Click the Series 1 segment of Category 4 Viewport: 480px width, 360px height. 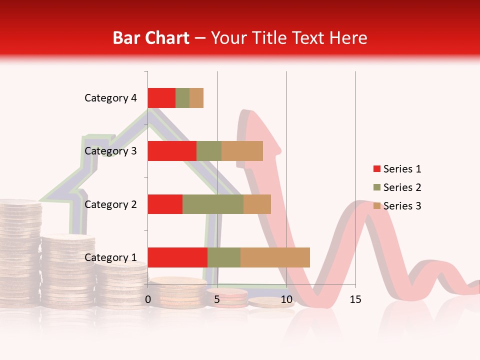click(161, 98)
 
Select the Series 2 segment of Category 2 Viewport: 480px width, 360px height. click(213, 204)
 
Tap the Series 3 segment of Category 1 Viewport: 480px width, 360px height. click(275, 257)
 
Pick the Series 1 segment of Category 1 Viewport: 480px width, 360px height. click(177, 257)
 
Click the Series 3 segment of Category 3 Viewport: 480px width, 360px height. click(242, 151)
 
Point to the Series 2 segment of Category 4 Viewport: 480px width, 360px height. click(182, 98)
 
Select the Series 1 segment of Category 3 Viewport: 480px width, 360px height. click(172, 151)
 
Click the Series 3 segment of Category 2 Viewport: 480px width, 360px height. click(257, 204)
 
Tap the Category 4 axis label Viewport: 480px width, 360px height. click(110, 98)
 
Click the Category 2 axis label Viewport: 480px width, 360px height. click(110, 204)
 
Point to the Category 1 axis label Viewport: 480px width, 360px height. click(110, 257)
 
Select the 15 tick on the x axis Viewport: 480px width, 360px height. click(355, 299)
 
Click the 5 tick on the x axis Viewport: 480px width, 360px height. click(217, 299)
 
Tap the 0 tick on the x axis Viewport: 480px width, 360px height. click(148, 299)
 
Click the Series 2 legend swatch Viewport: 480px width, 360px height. click(376, 187)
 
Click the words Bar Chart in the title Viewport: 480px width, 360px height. click(151, 38)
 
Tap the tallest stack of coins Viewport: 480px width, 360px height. click(20, 250)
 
